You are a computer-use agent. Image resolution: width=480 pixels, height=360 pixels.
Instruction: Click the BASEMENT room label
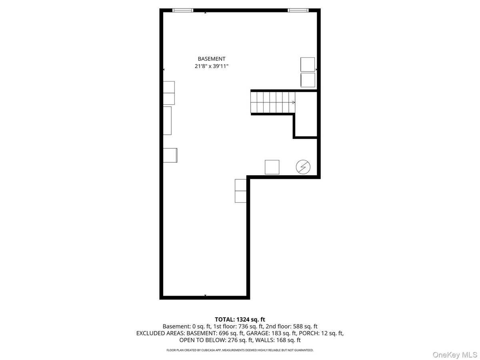point(212,59)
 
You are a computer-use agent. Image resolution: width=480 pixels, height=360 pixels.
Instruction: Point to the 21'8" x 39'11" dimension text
point(212,66)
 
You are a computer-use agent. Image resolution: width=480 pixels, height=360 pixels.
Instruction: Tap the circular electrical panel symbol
point(303,167)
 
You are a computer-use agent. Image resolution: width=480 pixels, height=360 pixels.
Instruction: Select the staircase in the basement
point(272,102)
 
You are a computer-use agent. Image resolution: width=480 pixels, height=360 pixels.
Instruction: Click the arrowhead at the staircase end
point(294,102)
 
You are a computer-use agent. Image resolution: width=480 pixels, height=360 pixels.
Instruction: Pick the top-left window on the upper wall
point(182,10)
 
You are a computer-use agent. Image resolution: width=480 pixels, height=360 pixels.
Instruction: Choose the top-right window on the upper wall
point(298,10)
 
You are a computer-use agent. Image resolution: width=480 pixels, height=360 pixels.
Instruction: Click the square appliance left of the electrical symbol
point(272,167)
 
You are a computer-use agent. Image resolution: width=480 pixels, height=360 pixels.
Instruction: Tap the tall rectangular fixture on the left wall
point(167,120)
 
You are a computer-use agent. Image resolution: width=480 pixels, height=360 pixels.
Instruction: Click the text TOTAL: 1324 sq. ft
point(240,319)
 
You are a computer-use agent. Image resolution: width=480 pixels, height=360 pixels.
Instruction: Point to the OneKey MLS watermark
point(459,354)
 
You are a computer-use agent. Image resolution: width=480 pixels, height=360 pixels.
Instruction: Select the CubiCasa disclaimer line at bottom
point(240,350)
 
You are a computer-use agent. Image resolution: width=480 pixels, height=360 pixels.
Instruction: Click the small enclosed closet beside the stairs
point(306,115)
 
